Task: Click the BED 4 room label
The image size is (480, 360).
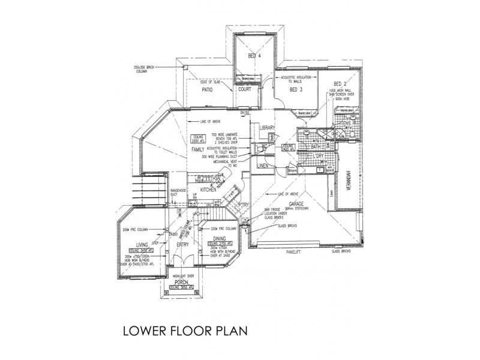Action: (255, 56)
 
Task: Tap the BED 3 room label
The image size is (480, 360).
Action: (297, 90)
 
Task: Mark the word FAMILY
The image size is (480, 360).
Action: (197, 148)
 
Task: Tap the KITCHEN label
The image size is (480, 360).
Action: (208, 190)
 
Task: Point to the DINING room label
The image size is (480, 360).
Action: (214, 239)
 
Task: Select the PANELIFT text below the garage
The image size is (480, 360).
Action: (296, 254)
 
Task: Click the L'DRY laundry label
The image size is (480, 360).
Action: (317, 156)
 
